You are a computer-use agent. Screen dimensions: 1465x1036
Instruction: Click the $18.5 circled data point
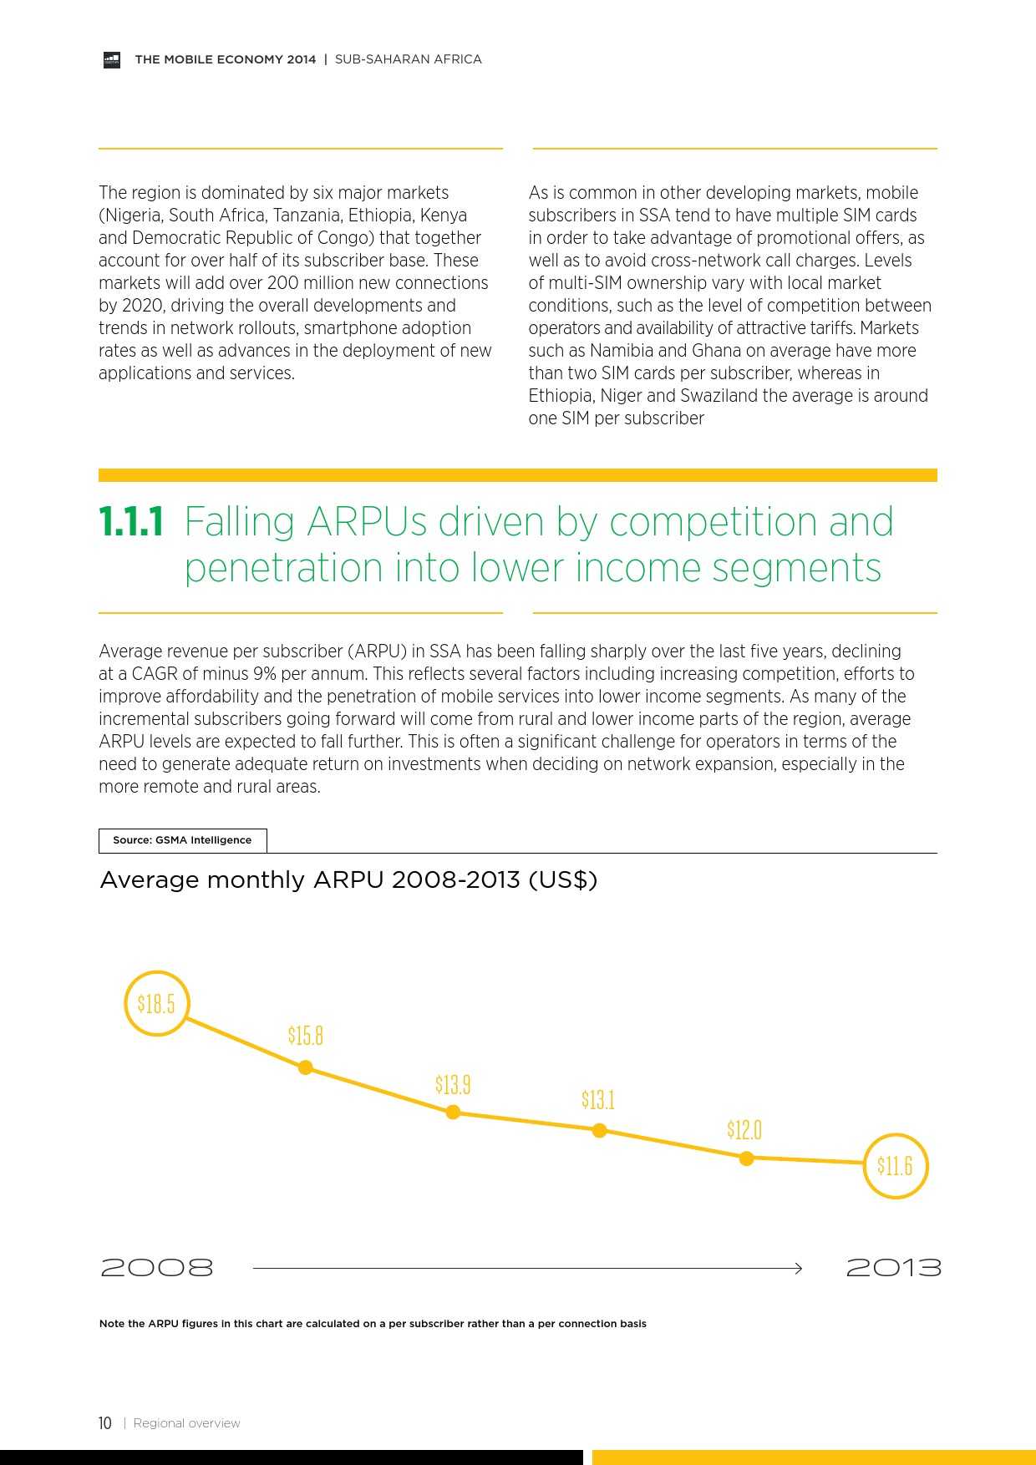[x=157, y=1003]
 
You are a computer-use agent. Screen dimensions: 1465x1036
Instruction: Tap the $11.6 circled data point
[x=895, y=1166]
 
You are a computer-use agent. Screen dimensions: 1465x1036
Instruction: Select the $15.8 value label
[x=306, y=1036]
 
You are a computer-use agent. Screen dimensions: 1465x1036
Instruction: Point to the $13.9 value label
[x=453, y=1085]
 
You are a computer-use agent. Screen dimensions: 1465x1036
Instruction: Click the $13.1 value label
[x=598, y=1100]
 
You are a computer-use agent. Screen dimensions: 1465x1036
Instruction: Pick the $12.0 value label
[x=744, y=1130]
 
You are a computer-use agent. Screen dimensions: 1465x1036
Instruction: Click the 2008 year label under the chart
[x=157, y=1268]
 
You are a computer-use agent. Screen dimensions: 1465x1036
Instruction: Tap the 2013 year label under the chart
[x=893, y=1268]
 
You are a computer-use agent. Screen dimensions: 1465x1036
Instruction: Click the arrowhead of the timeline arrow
[x=798, y=1269]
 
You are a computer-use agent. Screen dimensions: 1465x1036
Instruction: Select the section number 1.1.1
[x=131, y=523]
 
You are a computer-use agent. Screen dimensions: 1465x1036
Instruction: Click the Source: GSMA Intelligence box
[x=182, y=840]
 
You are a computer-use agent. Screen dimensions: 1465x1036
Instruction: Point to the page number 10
[x=105, y=1423]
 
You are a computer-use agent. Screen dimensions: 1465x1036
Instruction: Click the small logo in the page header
[x=112, y=59]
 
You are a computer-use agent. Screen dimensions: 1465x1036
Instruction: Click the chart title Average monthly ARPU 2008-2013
[x=348, y=880]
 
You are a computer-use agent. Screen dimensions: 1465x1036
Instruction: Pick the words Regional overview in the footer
[x=186, y=1423]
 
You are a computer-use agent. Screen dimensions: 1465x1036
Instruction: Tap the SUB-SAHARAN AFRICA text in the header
[x=408, y=59]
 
